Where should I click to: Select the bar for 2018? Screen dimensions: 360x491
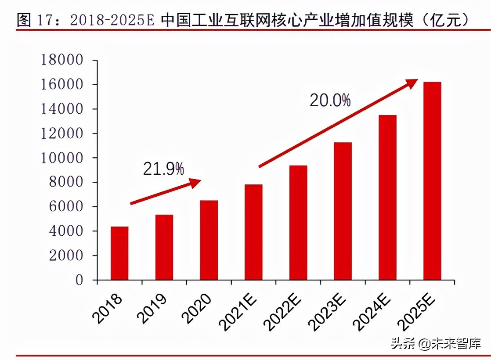click(x=119, y=253)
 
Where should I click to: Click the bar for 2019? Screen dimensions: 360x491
click(x=164, y=247)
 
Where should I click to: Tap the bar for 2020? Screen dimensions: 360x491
click(x=209, y=240)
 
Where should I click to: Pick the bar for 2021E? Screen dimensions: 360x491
click(x=253, y=232)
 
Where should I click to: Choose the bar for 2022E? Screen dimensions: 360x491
click(x=298, y=223)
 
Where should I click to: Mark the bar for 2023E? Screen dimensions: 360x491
click(x=343, y=211)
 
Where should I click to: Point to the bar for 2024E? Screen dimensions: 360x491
click(x=387, y=198)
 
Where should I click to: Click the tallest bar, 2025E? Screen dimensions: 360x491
click(x=432, y=181)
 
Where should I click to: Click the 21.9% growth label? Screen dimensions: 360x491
click(x=163, y=169)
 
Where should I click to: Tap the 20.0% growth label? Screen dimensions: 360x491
click(x=330, y=101)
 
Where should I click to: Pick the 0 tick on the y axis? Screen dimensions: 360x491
click(x=79, y=280)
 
